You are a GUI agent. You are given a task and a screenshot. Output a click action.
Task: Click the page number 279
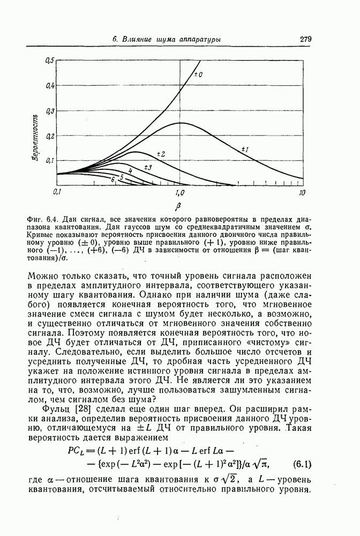pyautogui.click(x=306, y=39)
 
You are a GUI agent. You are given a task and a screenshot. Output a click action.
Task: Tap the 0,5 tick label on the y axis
pyautogui.click(x=50, y=60)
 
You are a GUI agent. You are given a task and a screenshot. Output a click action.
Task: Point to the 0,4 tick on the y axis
pyautogui.click(x=50, y=86)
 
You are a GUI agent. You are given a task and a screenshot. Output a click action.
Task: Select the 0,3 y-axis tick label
pyautogui.click(x=50, y=111)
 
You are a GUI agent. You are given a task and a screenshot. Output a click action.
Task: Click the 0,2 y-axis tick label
pyautogui.click(x=50, y=136)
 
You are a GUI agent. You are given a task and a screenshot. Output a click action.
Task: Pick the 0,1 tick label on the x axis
pyautogui.click(x=59, y=192)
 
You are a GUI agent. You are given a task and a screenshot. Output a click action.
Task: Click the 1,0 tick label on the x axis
pyautogui.click(x=179, y=192)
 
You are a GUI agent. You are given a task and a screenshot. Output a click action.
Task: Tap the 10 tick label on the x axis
pyautogui.click(x=302, y=192)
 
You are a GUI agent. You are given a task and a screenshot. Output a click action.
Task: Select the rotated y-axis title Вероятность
pyautogui.click(x=34, y=139)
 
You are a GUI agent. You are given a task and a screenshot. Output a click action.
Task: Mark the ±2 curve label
pyautogui.click(x=161, y=154)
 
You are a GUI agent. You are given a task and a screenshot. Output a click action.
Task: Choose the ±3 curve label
pyautogui.click(x=148, y=168)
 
